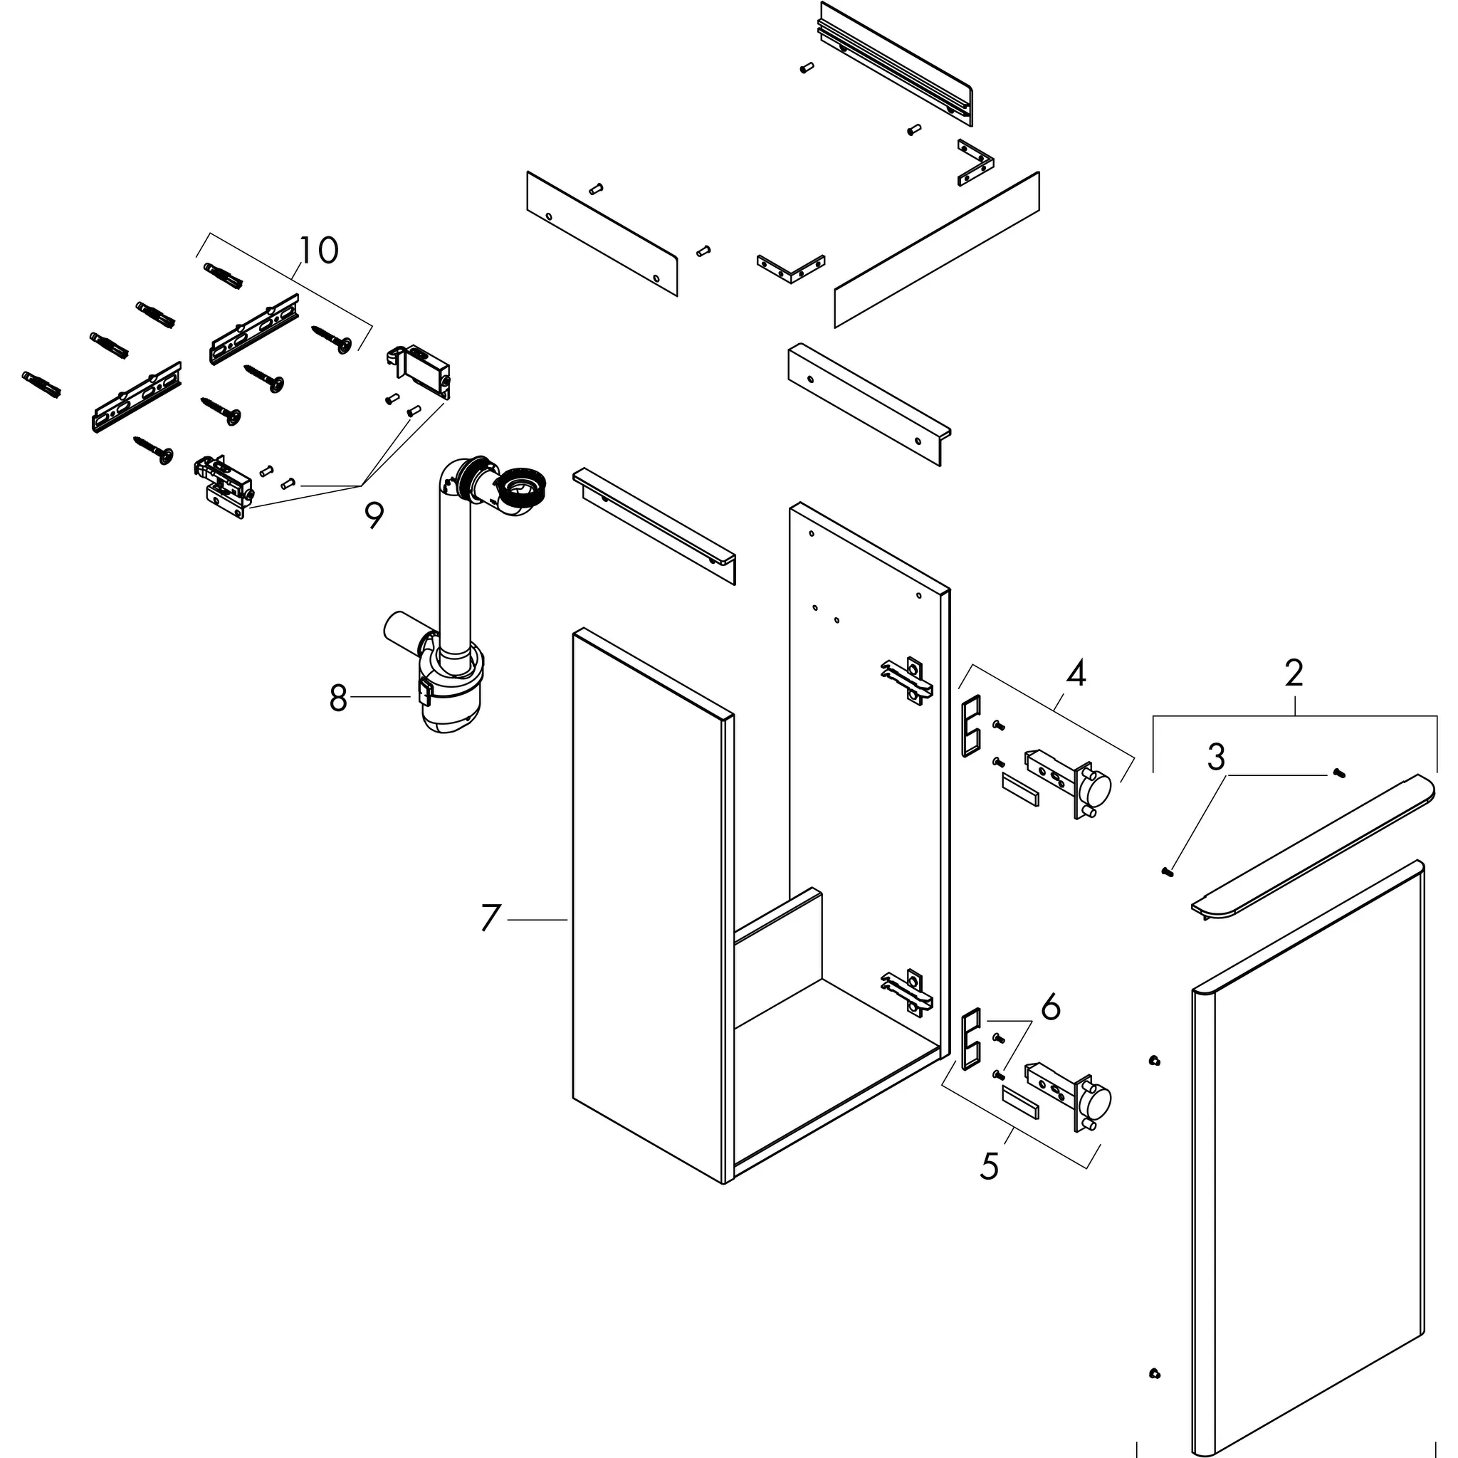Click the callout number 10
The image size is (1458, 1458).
click(318, 250)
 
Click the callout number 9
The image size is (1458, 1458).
click(374, 516)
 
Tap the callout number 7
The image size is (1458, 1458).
click(491, 918)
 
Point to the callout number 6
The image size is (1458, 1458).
click(1051, 1008)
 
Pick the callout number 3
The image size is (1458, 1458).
click(1216, 757)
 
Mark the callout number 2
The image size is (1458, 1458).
click(1294, 672)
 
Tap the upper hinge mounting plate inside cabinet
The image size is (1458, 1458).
click(908, 680)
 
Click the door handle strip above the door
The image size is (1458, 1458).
click(1313, 846)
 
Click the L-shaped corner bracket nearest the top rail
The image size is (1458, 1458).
click(976, 162)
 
